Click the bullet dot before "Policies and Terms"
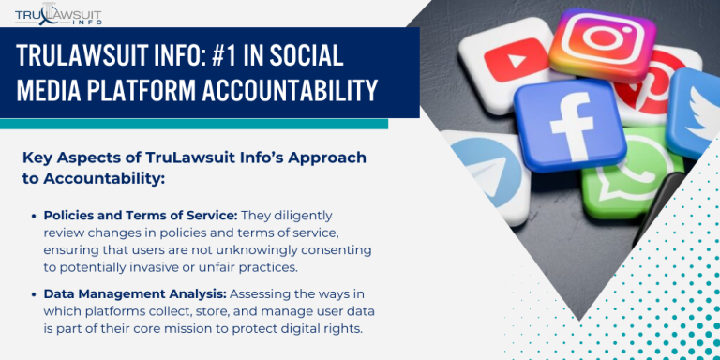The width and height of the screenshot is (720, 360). tap(33, 217)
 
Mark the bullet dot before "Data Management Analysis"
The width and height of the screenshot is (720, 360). tap(33, 294)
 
